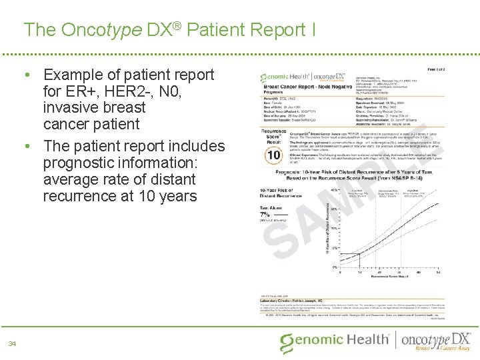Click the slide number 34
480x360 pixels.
click(13, 343)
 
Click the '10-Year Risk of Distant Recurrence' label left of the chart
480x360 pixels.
click(278, 193)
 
